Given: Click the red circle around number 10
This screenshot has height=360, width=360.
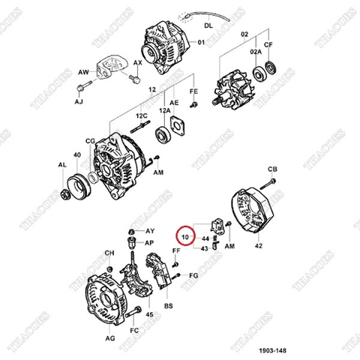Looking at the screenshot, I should pyautogui.click(x=184, y=237).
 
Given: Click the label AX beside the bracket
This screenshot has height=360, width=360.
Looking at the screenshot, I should pyautogui.click(x=137, y=63).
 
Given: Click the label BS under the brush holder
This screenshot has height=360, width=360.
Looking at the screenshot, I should pyautogui.click(x=169, y=307).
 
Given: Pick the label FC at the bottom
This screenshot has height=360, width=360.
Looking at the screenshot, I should pyautogui.click(x=135, y=330).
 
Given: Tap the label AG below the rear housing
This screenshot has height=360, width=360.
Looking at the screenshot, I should pyautogui.click(x=110, y=339).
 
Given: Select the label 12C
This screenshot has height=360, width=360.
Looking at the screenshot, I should pyautogui.click(x=140, y=116).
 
